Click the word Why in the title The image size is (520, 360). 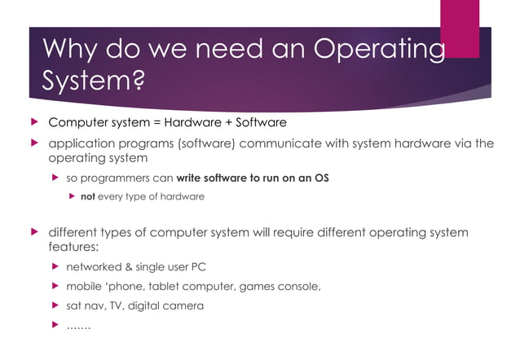[x=68, y=50]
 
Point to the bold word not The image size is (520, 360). [x=88, y=196]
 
